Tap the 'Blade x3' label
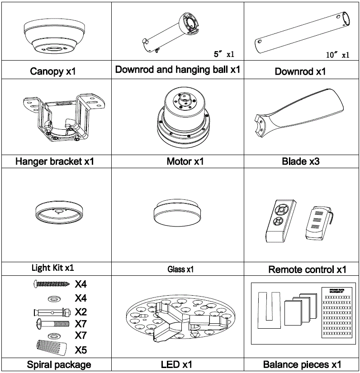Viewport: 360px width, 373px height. click(x=301, y=161)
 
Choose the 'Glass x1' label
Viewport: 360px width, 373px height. click(x=180, y=269)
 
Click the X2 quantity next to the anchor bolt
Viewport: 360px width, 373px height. click(x=81, y=312)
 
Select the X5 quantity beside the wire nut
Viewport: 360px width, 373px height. click(x=81, y=349)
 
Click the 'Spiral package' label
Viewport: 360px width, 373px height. click(x=59, y=364)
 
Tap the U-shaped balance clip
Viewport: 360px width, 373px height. click(x=266, y=310)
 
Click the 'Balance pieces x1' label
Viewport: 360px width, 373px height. click(x=302, y=364)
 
